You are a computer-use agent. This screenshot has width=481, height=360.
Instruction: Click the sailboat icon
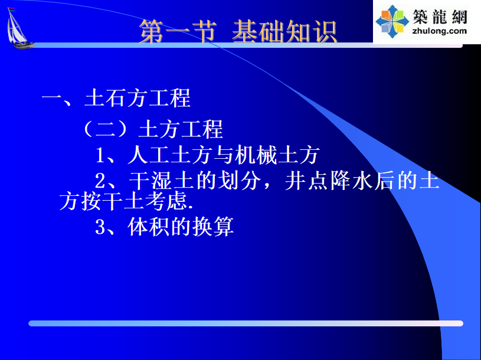coord(19,28)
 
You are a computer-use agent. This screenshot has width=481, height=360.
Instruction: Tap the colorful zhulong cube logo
coord(392,21)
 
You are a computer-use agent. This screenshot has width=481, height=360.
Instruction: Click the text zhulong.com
coord(440,31)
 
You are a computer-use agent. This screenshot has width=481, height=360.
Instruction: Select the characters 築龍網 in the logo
coord(440,17)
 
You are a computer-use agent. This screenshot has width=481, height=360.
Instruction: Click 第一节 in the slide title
coord(178,31)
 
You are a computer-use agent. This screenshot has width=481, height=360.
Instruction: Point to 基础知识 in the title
coord(284,31)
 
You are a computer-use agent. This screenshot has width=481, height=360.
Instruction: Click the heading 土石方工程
coord(138,99)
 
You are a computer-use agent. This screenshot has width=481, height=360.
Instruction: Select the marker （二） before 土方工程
coord(105,129)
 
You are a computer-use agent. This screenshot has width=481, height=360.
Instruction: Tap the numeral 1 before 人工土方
coord(100,155)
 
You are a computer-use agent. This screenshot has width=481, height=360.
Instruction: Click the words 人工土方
coord(170,155)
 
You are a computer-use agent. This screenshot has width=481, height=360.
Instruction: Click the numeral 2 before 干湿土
coord(100,181)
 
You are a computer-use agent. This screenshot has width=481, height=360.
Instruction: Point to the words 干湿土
coord(162,181)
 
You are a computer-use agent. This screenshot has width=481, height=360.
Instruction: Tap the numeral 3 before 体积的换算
coord(100,227)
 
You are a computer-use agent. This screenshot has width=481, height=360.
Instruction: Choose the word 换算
coord(213,227)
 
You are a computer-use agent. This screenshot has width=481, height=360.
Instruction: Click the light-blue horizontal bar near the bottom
coord(246,323)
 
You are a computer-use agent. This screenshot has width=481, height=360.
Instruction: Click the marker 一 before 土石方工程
coord(52,99)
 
